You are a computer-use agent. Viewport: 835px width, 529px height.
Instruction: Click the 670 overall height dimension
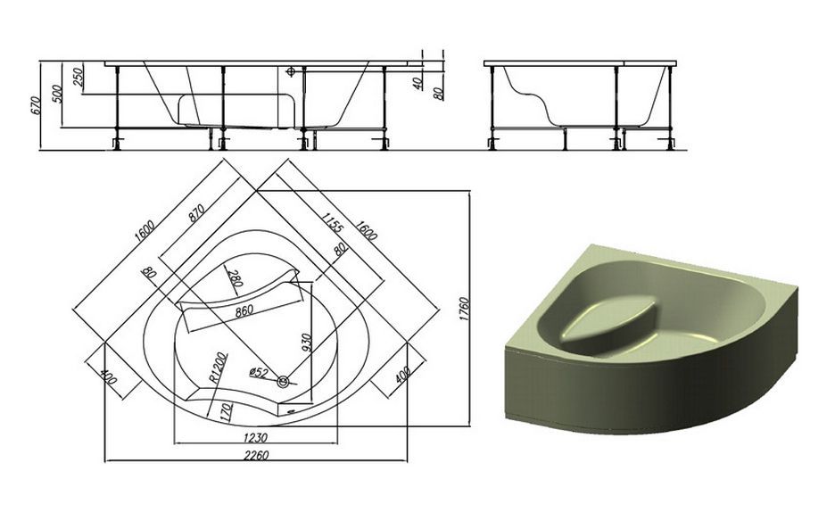pyautogui.click(x=35, y=106)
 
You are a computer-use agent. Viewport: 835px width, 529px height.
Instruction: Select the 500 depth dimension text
pyautogui.click(x=58, y=94)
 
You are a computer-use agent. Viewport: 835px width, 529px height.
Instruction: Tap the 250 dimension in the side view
pyautogui.click(x=78, y=78)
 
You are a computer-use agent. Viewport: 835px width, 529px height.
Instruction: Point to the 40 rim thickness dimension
pyautogui.click(x=418, y=82)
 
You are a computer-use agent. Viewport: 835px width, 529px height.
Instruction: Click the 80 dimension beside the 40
pyautogui.click(x=439, y=94)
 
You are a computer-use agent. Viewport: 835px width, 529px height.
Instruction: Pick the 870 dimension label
pyautogui.click(x=196, y=213)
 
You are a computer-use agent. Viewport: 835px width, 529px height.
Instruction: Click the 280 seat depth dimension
pyautogui.click(x=235, y=279)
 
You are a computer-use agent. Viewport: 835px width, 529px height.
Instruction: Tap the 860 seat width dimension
pyautogui.click(x=244, y=310)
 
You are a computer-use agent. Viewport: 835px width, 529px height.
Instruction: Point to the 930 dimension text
pyautogui.click(x=306, y=343)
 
